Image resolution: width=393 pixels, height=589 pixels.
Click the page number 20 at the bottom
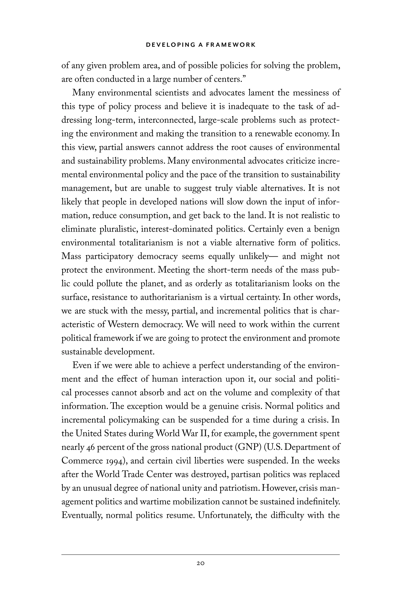201,563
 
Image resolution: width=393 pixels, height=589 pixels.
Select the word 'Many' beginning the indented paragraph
83,93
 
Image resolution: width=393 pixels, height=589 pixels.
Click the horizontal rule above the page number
201,554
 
